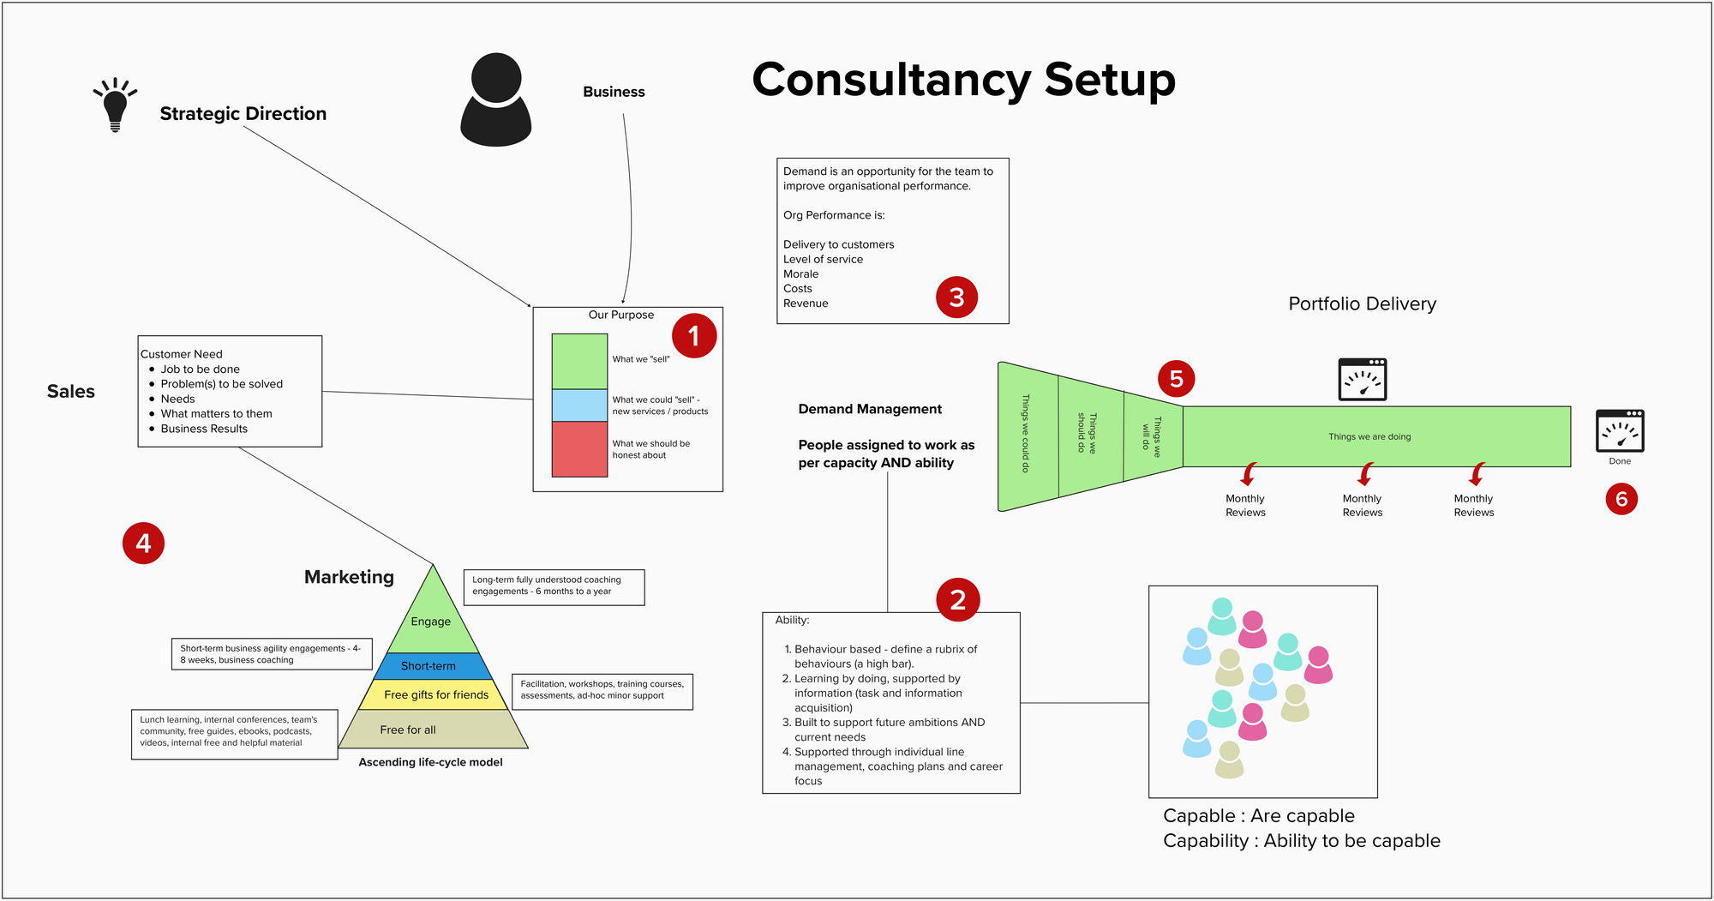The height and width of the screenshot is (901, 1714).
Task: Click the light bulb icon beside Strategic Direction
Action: (115, 105)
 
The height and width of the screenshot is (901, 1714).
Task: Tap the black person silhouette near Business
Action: (496, 100)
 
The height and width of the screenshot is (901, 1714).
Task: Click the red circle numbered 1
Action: (693, 336)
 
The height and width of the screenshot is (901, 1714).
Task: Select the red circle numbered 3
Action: (956, 297)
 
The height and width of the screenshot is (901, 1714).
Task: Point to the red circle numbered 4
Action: (143, 544)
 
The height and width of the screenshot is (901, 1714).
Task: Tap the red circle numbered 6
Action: (1621, 499)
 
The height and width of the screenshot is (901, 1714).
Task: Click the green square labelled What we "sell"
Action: (579, 361)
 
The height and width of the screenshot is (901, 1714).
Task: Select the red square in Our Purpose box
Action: (579, 449)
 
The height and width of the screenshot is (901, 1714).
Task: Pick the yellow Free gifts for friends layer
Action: (435, 694)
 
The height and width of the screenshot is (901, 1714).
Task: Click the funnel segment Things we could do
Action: (1027, 435)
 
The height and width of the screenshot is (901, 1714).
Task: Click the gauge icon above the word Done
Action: (1619, 431)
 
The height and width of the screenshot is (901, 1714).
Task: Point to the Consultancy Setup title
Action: (963, 80)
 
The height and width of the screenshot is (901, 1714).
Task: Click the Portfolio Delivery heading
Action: (1362, 303)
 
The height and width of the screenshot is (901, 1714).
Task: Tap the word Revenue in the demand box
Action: (806, 303)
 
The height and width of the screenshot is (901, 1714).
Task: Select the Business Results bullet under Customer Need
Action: (204, 429)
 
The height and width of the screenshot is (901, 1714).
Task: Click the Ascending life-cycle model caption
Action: (430, 762)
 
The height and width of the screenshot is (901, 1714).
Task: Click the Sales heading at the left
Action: (71, 392)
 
